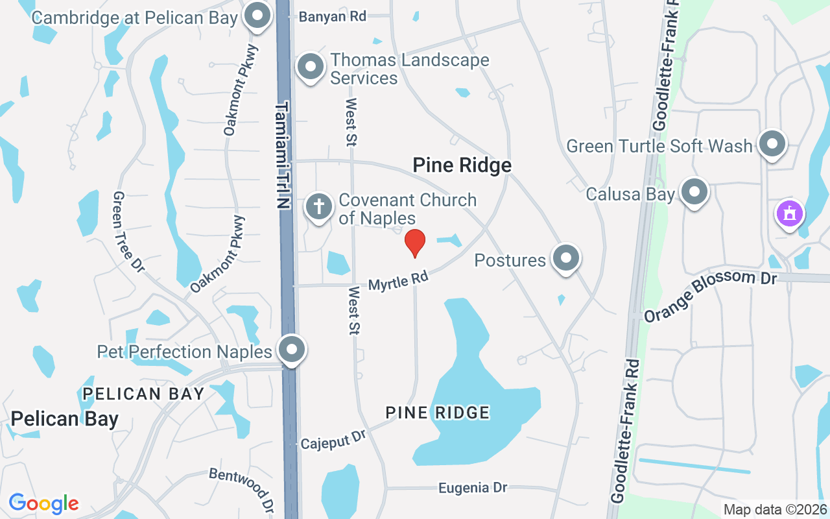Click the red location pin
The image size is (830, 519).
coord(414,243)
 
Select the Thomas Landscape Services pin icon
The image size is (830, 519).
coord(311,67)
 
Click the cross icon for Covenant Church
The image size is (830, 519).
coord(318,207)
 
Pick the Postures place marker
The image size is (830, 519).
coord(566,258)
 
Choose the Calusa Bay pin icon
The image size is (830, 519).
coord(695,193)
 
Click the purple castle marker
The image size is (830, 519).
coord(789,213)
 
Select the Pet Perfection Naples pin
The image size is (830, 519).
coord(292,350)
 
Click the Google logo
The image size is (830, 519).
coord(43,503)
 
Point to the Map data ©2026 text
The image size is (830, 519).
coord(775,510)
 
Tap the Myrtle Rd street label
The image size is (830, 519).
coord(398,281)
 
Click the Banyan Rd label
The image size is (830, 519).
coord(332,17)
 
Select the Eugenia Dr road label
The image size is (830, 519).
coord(472,487)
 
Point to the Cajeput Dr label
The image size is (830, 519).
coord(333,441)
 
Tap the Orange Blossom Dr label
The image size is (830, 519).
coord(710,295)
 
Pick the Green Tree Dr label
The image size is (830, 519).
coord(128,231)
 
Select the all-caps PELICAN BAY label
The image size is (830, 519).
coord(143,393)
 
